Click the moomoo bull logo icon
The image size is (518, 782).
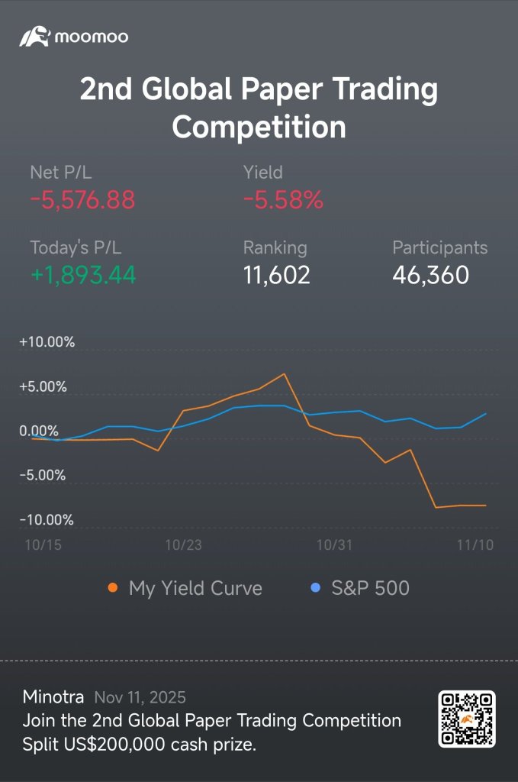tap(34, 37)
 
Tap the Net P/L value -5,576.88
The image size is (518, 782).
tap(82, 200)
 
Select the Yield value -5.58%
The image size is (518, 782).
tap(283, 200)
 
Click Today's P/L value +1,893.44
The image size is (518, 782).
tap(83, 275)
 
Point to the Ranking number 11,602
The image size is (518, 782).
tap(276, 275)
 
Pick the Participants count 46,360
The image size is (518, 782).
tap(431, 275)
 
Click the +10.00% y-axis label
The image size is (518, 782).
tap(47, 342)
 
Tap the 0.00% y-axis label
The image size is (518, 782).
tap(39, 431)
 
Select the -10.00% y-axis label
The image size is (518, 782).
tap(47, 519)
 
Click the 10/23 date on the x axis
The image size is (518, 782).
tap(183, 544)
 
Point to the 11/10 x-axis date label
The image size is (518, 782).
tap(475, 544)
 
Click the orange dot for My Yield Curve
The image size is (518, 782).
tap(113, 588)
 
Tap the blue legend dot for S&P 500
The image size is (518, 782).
tap(315, 587)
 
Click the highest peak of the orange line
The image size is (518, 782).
tap(284, 373)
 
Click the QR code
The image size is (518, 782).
tap(467, 719)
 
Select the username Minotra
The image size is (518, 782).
tap(53, 696)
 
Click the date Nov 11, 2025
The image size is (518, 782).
tap(140, 697)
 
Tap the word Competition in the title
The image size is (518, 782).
tap(259, 126)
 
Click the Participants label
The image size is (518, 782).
tap(439, 248)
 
